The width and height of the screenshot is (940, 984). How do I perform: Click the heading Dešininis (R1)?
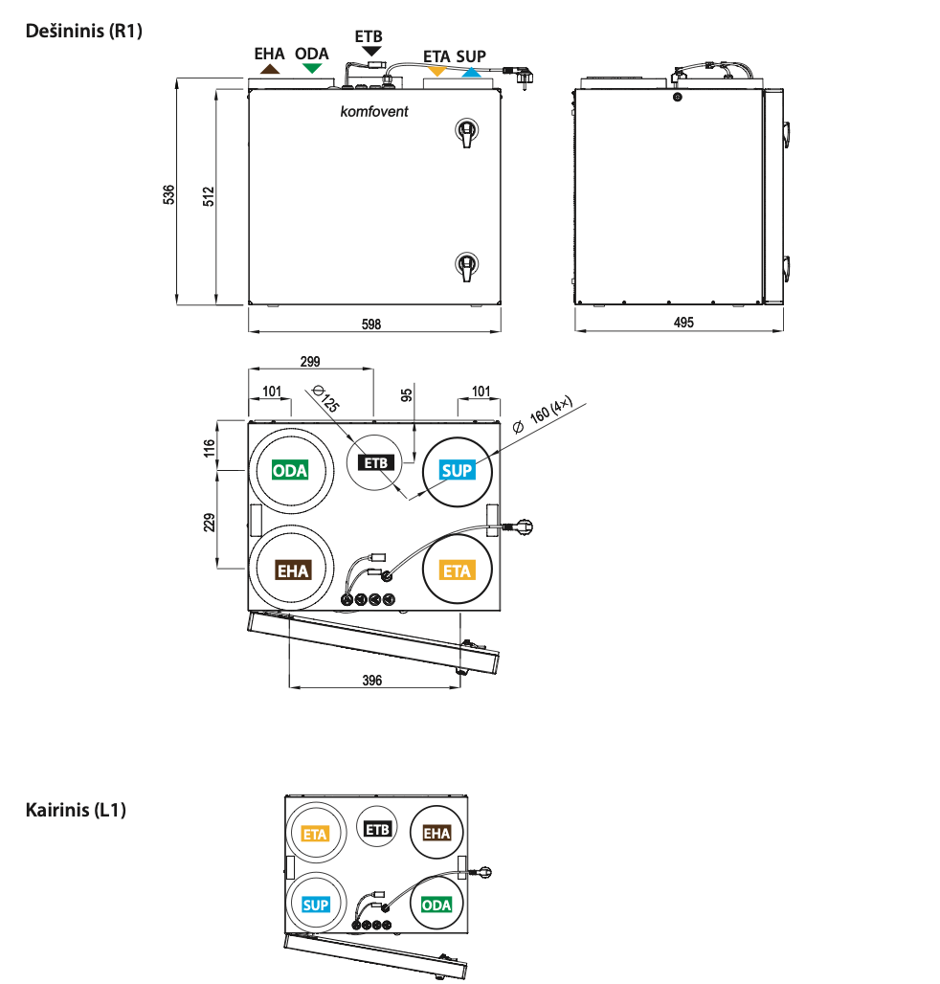(x=83, y=31)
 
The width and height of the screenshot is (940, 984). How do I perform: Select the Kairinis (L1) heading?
(x=76, y=810)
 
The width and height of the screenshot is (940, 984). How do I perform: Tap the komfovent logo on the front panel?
(x=374, y=112)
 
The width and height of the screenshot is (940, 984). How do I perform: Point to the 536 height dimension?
(x=169, y=193)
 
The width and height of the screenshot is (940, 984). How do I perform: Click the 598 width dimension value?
(x=371, y=324)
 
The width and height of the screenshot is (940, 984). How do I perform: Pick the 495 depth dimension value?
(x=683, y=324)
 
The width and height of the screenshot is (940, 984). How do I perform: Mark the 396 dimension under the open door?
(x=372, y=681)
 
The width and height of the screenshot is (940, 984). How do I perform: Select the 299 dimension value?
(x=310, y=362)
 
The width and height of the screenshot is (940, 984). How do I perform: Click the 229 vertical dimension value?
(x=210, y=521)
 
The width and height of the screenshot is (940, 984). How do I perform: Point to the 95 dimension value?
(x=406, y=394)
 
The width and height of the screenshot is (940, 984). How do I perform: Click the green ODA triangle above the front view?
(x=311, y=69)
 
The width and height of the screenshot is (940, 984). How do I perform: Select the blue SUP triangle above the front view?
(x=470, y=71)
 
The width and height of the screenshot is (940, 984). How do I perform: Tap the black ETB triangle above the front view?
(x=371, y=50)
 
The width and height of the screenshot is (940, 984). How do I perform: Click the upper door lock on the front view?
(x=465, y=132)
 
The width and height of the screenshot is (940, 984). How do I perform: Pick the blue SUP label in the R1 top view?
(x=457, y=470)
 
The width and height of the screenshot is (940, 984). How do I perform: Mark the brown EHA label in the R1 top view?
(x=293, y=570)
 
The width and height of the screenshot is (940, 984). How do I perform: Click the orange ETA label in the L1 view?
(x=315, y=834)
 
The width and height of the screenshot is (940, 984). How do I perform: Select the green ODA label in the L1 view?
(x=436, y=905)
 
